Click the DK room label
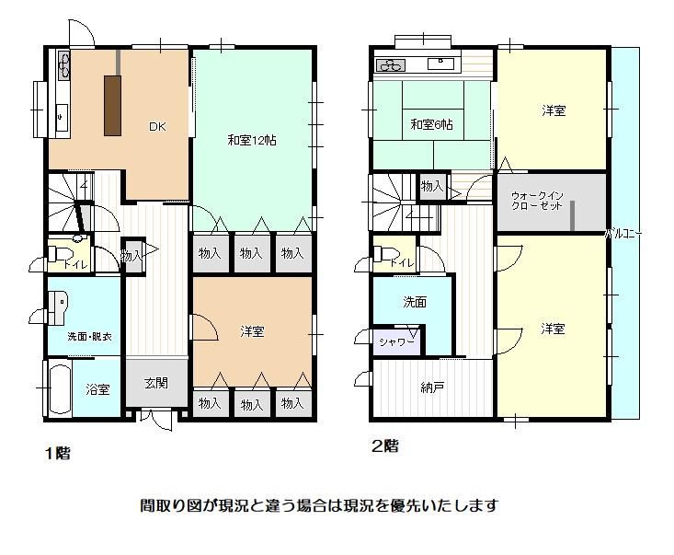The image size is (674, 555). pos(157,126)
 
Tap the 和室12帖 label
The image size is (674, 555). pos(252,140)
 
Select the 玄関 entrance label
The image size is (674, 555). pos(156,383)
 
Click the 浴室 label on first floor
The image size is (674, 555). pos(97,390)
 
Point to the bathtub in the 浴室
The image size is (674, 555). pos(60,388)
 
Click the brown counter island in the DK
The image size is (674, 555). pos(112,106)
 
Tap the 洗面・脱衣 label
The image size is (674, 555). pos(90,337)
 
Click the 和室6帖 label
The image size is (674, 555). pos(431,125)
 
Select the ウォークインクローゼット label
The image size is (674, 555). pos(537,201)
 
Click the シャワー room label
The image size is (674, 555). pos(396,342)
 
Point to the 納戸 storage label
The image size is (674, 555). pos(432,388)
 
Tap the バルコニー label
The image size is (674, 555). pos(623,235)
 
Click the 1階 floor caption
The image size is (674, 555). pos(58,453)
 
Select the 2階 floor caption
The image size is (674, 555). pos(385,446)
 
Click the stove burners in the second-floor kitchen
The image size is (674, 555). pos(391,66)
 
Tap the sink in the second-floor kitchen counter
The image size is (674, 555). pos(440,64)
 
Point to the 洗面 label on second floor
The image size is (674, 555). pos(415,302)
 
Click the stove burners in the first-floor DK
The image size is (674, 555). pos(64,65)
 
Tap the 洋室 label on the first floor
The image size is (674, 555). pos(252,331)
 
